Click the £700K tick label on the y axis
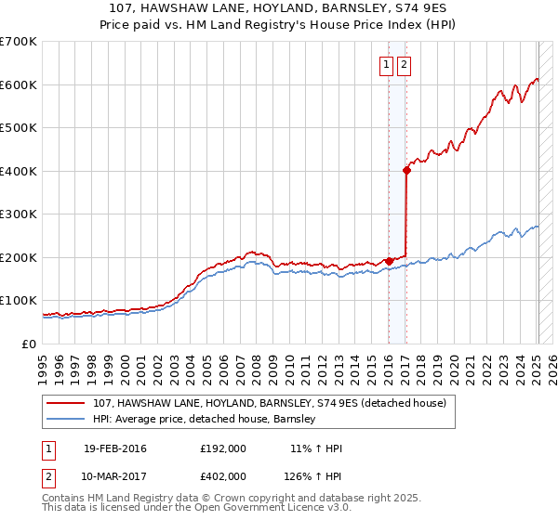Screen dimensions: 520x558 (19, 42)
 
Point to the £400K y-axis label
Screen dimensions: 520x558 (19, 171)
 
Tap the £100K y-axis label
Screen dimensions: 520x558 (19, 301)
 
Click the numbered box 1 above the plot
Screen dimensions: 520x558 (386, 65)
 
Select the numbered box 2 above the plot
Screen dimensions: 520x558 (405, 65)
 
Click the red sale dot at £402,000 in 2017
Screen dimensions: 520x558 (406, 171)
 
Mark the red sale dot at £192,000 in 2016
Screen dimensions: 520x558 (389, 261)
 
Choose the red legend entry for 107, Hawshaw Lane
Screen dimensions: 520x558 (270, 403)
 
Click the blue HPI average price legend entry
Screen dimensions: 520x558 (205, 419)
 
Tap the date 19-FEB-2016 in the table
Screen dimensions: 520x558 (115, 448)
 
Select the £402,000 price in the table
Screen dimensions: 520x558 (223, 475)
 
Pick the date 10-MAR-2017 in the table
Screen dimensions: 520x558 (115, 475)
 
